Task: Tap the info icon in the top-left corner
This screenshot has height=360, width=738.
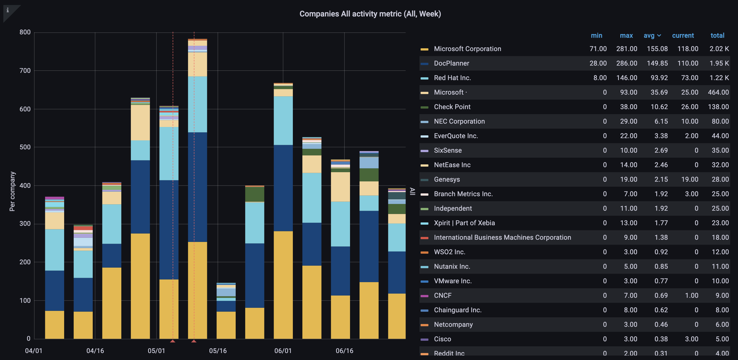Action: pyautogui.click(x=8, y=10)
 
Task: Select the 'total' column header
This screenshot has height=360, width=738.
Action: pyautogui.click(x=717, y=35)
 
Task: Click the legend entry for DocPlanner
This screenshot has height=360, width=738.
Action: pyautogui.click(x=451, y=63)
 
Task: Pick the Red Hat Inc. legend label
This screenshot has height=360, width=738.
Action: pyautogui.click(x=452, y=78)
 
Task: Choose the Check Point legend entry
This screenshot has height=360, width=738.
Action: pyautogui.click(x=452, y=107)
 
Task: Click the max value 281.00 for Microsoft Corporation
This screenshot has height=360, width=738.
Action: pyautogui.click(x=626, y=49)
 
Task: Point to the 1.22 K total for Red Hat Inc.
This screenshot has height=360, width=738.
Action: pyautogui.click(x=719, y=78)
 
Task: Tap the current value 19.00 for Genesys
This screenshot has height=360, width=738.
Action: pyautogui.click(x=689, y=179)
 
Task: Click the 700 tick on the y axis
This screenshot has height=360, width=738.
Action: pyautogui.click(x=25, y=71)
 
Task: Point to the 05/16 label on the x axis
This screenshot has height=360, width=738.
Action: pyautogui.click(x=218, y=351)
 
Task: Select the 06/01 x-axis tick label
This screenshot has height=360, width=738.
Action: pyautogui.click(x=283, y=351)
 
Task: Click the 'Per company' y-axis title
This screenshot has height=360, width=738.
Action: pyautogui.click(x=12, y=191)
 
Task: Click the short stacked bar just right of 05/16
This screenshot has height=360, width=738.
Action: pyautogui.click(x=226, y=311)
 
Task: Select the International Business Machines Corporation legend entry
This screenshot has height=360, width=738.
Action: pyautogui.click(x=502, y=237)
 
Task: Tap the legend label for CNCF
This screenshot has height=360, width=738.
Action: pyautogui.click(x=442, y=296)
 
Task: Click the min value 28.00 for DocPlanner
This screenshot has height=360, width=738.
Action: pyautogui.click(x=598, y=63)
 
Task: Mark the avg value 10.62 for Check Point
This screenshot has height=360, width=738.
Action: pyautogui.click(x=659, y=107)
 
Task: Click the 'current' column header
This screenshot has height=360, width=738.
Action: pyautogui.click(x=683, y=35)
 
